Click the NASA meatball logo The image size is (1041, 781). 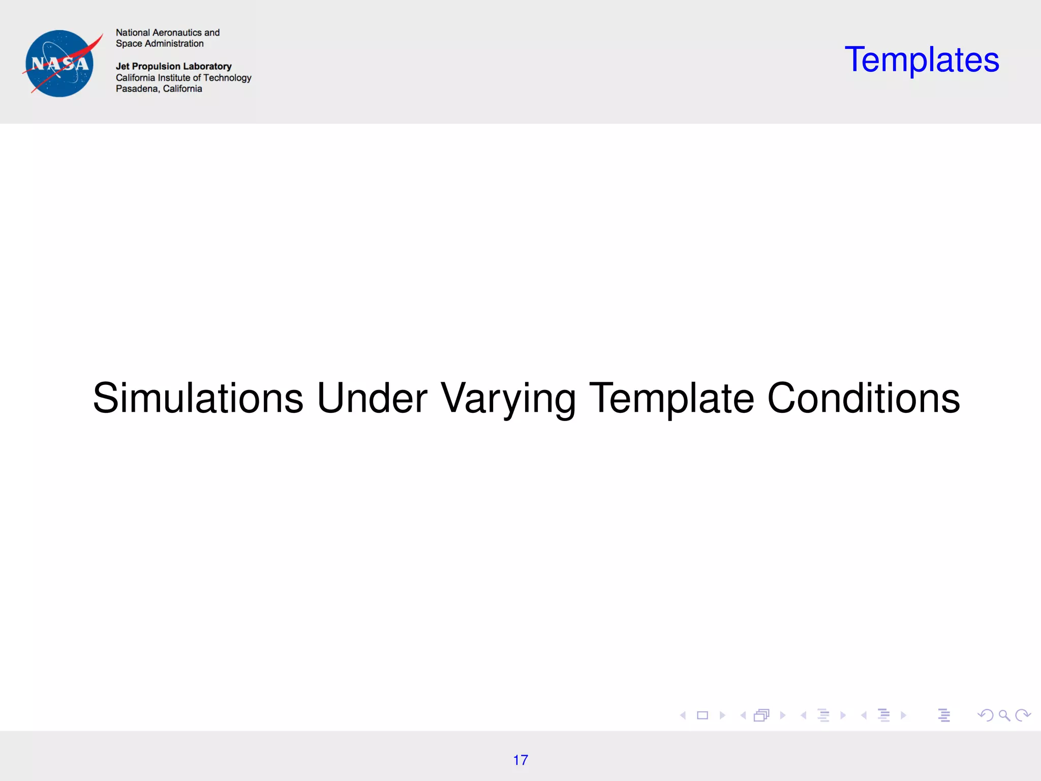point(60,64)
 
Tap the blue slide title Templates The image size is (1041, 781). point(922,60)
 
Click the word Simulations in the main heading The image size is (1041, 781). point(198,398)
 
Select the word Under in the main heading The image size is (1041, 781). point(372,398)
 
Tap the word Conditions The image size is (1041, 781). point(863,398)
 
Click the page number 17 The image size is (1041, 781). point(520,760)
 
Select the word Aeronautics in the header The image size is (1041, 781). point(177,33)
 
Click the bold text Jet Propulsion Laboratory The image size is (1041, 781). point(173,66)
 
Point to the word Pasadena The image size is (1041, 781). point(137,89)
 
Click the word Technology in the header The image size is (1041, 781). point(227,78)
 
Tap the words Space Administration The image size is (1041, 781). point(160,44)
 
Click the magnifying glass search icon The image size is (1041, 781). point(1004,715)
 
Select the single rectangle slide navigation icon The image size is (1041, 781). point(702,715)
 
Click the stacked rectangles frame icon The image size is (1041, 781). point(761,715)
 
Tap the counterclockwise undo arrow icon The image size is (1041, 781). point(985,715)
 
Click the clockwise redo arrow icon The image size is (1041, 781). point(1023,715)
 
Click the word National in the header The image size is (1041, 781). point(133,33)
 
